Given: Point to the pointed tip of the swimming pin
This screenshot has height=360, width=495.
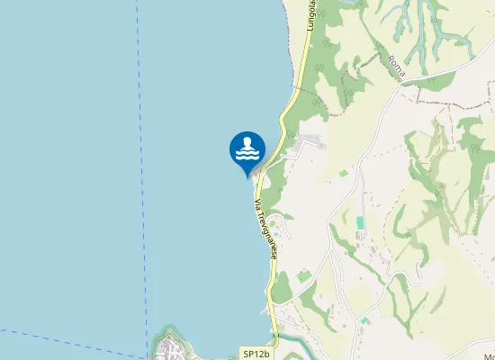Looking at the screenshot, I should (247, 175).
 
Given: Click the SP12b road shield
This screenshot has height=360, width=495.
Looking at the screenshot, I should (256, 355).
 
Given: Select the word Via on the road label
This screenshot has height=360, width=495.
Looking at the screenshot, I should (257, 205).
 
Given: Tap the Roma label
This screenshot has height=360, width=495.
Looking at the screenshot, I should (396, 65).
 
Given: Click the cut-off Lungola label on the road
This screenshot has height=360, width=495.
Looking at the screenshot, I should (312, 16).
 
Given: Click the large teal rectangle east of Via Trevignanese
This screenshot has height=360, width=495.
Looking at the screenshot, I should (361, 222).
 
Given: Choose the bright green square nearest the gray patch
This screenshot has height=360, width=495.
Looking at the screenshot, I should (343, 172).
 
